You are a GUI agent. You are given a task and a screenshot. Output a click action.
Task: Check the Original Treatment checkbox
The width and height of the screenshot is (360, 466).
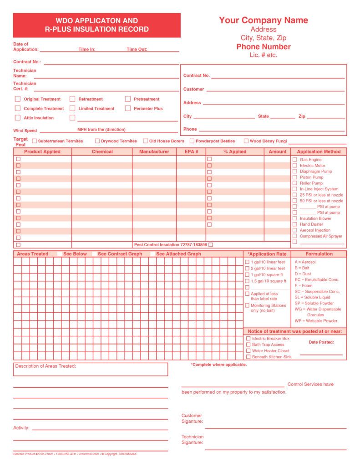click(18, 99)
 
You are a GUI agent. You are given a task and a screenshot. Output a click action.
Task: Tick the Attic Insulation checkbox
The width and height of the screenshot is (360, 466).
click(18, 118)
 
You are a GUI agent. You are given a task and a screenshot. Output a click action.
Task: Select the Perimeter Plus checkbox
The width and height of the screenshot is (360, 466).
click(128, 108)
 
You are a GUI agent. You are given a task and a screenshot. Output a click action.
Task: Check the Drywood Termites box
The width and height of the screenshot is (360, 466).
click(97, 141)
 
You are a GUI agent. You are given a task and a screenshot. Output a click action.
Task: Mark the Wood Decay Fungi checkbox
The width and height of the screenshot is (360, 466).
click(246, 141)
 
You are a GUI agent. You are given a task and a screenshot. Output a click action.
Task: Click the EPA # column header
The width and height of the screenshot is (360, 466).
click(191, 152)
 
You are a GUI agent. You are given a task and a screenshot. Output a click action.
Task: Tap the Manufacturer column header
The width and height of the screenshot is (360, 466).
click(154, 152)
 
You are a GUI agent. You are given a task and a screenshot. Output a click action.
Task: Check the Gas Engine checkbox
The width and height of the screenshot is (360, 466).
click(294, 160)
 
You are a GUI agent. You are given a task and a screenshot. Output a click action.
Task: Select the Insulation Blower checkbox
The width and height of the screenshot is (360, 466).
click(294, 218)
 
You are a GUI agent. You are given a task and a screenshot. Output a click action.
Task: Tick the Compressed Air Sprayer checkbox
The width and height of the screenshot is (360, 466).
click(294, 236)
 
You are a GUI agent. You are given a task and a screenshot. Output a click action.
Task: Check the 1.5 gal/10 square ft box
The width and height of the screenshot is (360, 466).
click(247, 281)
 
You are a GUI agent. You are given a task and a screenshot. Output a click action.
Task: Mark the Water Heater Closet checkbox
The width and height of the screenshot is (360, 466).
click(248, 351)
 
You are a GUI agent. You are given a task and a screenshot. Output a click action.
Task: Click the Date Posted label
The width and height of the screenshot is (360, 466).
click(321, 342)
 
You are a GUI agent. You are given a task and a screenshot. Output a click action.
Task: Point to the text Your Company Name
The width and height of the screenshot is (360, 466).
click(264, 20)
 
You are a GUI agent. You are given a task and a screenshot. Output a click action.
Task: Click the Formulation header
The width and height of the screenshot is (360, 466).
click(319, 254)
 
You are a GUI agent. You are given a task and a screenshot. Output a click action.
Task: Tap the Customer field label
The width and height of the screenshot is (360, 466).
click(193, 89)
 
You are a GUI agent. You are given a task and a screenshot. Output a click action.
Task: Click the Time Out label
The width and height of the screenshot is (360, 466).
click(137, 49)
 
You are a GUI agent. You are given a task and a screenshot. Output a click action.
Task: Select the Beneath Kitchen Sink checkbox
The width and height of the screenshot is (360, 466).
click(248, 357)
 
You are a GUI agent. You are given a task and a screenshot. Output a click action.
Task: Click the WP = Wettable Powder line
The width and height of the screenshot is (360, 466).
click(316, 321)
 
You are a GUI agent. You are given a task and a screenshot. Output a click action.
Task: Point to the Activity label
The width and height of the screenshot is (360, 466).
click(21, 428)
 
